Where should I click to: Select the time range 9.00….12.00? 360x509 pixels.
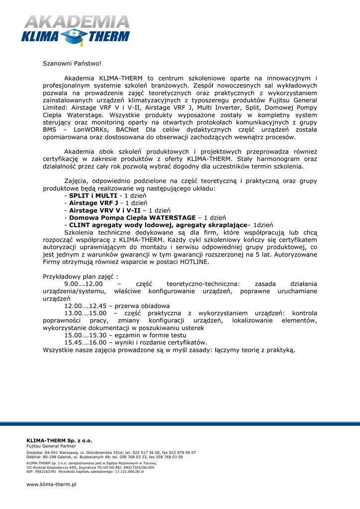84,283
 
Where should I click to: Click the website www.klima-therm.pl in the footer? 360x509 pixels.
51,484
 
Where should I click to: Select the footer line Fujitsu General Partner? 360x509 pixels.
48,446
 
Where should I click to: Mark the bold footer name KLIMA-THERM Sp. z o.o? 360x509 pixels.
59,440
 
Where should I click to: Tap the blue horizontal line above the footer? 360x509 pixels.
180,424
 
